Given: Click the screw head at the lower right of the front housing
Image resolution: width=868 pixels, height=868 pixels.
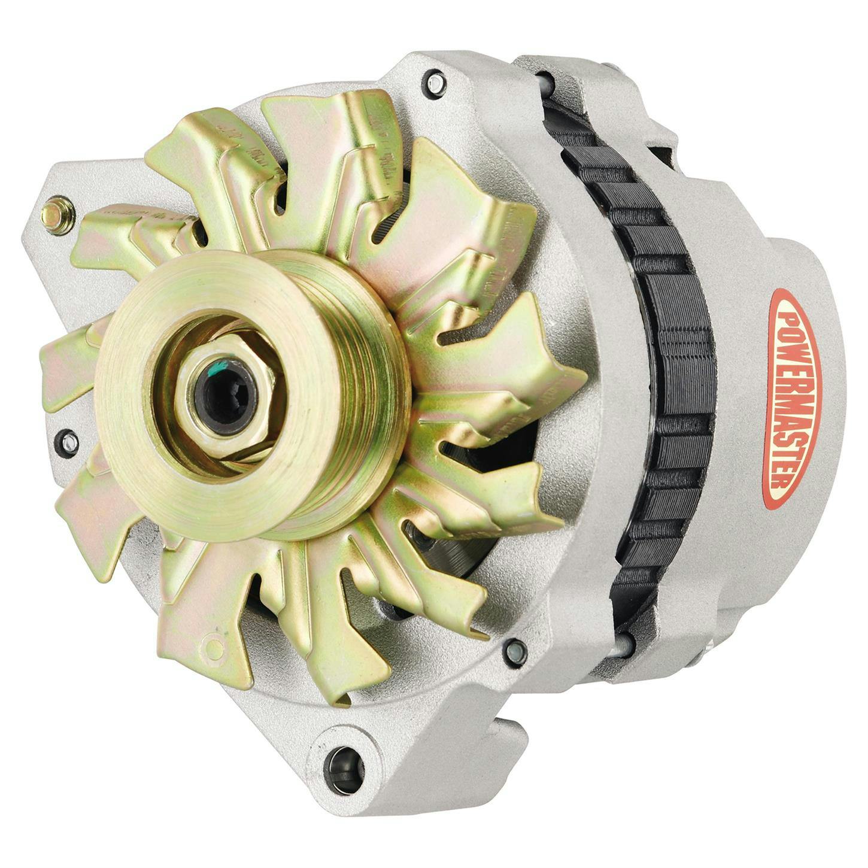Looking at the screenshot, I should pyautogui.click(x=514, y=651).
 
